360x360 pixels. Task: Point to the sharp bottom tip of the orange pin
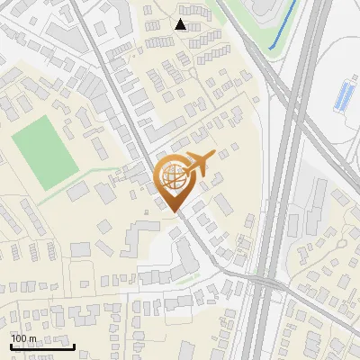[x=175, y=212]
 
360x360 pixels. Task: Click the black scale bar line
[x=41, y=346]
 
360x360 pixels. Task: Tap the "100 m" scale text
[x=24, y=338]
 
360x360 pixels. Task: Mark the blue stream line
[x=285, y=27]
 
